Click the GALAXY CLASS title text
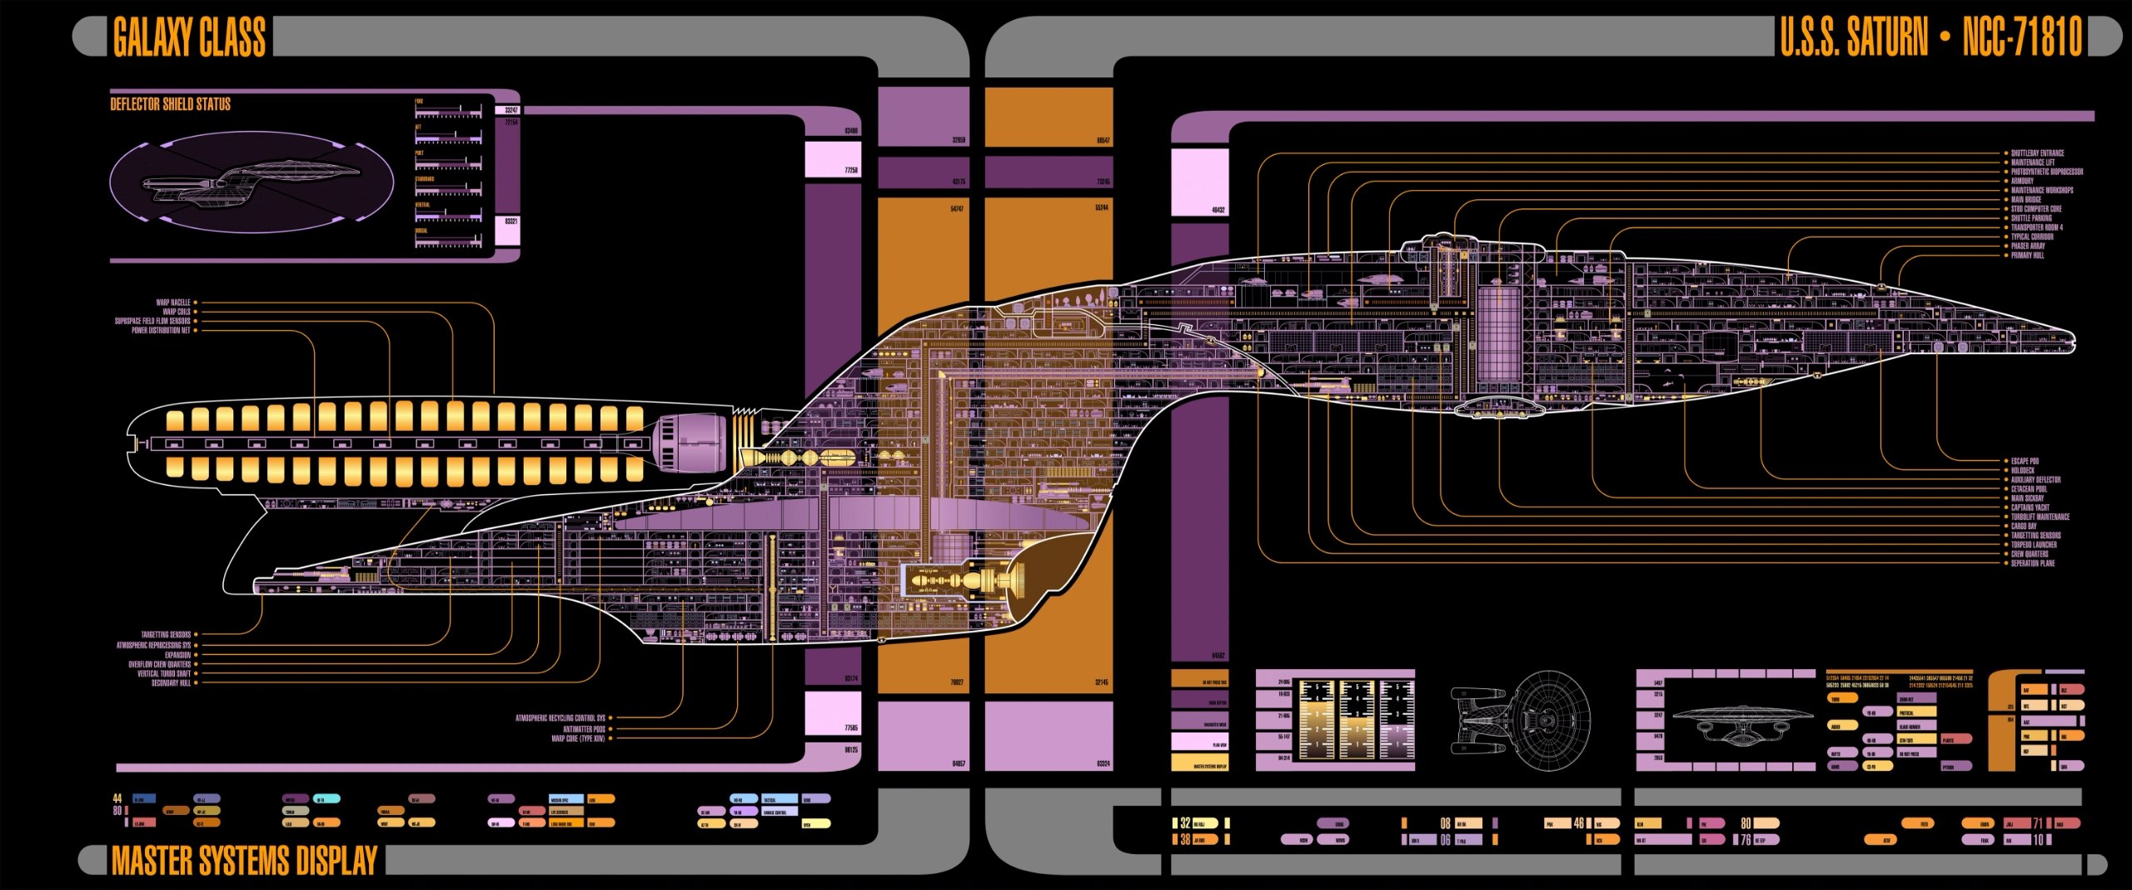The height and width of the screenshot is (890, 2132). (189, 37)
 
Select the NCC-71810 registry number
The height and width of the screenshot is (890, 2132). (2021, 37)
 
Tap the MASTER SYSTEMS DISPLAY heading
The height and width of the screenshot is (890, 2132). (244, 861)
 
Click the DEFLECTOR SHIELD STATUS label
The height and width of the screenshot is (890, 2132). (171, 104)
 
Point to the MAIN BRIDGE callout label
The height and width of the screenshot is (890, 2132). (2026, 200)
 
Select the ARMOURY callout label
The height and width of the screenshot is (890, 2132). (2022, 181)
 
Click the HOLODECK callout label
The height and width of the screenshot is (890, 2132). (2023, 471)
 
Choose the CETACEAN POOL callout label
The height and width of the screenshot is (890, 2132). (2030, 489)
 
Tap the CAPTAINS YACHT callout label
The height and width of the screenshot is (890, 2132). (2030, 507)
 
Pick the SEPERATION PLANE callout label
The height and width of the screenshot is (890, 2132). (2033, 563)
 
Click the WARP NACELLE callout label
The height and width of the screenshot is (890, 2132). (173, 302)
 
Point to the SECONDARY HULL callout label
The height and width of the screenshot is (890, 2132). (171, 683)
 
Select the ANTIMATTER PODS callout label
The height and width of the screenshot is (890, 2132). (584, 729)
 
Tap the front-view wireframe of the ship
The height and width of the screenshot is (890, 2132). (1743, 723)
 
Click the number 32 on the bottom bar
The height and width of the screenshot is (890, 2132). (1185, 823)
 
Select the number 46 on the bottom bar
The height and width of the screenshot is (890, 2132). (1578, 823)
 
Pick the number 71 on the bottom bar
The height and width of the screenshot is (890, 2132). (2038, 823)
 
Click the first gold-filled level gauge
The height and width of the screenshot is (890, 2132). (1317, 720)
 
